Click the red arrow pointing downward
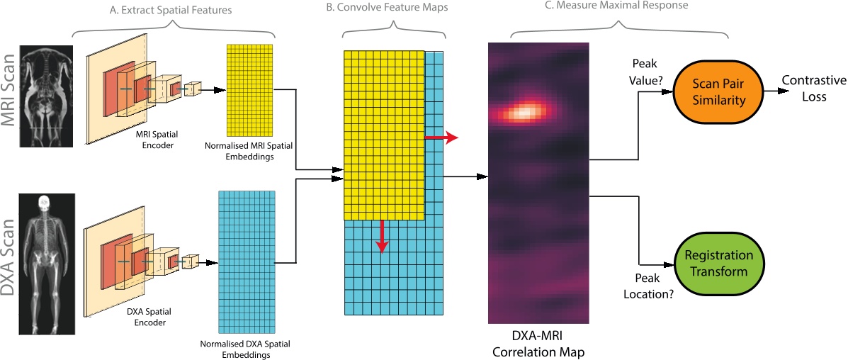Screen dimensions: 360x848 point(383,236)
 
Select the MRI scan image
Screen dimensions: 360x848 point(47,96)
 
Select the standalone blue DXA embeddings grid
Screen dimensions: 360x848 point(246,263)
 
